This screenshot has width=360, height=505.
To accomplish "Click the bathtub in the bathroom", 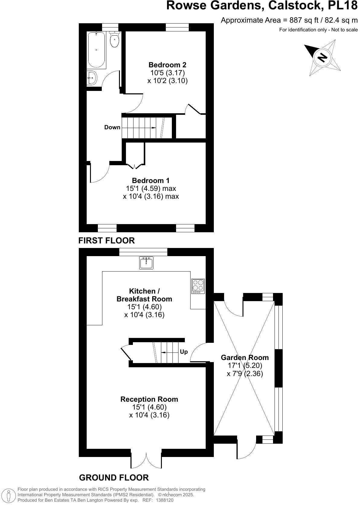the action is tap(96, 50).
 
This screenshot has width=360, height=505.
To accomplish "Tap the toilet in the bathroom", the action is tap(114, 40).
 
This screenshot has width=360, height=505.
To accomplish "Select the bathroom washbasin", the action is tap(92, 78).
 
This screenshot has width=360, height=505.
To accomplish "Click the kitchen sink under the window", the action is tap(146, 263).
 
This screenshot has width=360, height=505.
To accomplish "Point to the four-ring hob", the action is tap(198, 286).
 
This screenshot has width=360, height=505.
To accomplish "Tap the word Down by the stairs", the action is tap(112, 127).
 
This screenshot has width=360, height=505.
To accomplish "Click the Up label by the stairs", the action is tap(184, 352).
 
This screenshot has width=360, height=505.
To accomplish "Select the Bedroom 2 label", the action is tap(167, 65).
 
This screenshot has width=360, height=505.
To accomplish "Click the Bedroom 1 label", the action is tap(151, 180).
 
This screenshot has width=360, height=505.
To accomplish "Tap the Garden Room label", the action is tap(245, 357).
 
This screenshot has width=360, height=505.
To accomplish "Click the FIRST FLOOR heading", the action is tap(106, 240).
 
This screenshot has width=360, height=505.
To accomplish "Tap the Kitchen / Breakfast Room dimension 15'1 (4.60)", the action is tap(144, 307).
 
